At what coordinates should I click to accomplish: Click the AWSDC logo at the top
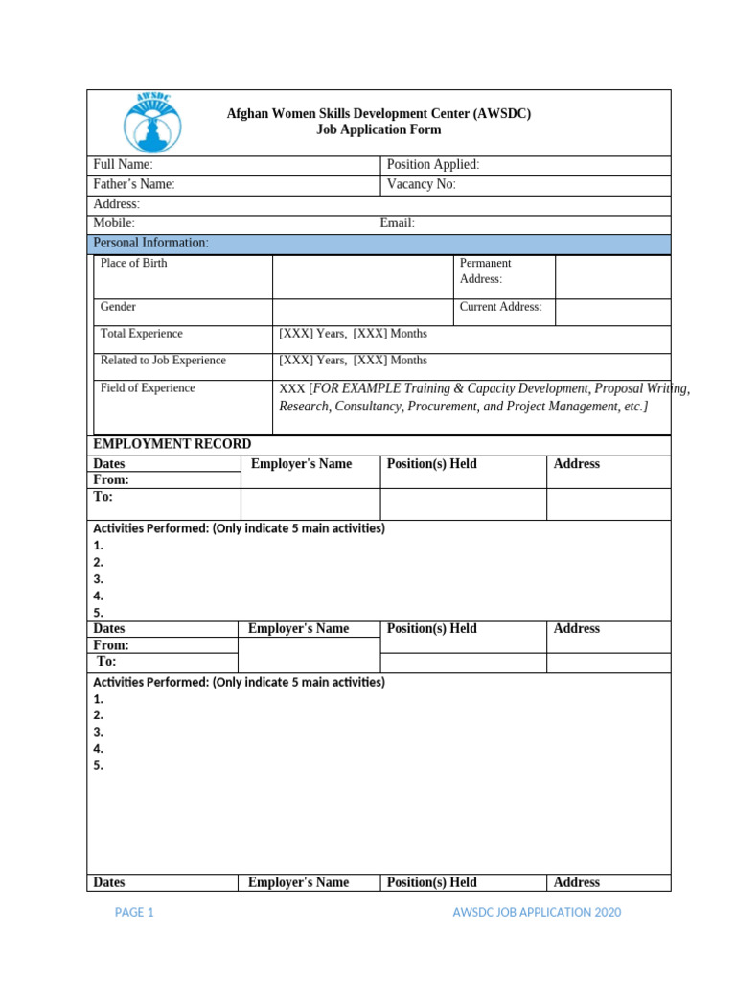(x=150, y=122)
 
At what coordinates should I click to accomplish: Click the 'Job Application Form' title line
(x=379, y=129)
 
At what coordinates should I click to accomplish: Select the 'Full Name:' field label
(x=123, y=165)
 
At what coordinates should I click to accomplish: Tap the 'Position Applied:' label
(x=432, y=165)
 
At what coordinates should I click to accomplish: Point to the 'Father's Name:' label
(x=133, y=184)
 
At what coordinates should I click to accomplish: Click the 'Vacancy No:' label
(x=421, y=184)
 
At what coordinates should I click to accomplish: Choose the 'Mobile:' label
(x=113, y=223)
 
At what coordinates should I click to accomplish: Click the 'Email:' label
(x=397, y=223)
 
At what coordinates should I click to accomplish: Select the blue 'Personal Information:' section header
(x=150, y=244)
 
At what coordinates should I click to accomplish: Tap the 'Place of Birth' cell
(x=133, y=263)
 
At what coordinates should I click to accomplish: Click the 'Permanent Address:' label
(x=486, y=270)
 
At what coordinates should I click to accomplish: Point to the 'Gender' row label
(x=118, y=307)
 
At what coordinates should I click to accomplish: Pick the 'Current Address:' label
(x=500, y=307)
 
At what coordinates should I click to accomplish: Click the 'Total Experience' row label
(x=141, y=334)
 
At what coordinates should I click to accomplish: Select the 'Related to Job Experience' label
(x=163, y=361)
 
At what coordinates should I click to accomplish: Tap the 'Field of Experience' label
(x=148, y=388)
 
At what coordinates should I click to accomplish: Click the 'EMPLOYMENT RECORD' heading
(x=172, y=444)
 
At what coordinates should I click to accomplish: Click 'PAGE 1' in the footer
(x=134, y=913)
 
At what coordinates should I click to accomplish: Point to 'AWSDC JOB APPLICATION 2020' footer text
(x=537, y=913)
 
